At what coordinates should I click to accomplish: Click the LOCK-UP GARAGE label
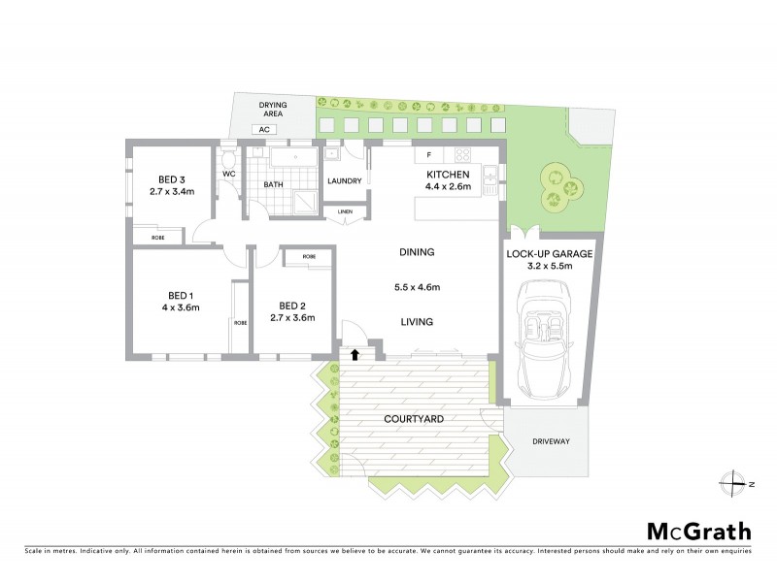(549, 254)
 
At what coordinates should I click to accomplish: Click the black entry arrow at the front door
(355, 356)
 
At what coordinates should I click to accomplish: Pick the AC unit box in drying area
(262, 129)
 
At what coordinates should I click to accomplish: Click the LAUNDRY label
(345, 180)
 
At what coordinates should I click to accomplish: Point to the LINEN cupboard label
(345, 211)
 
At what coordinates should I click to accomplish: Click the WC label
(229, 174)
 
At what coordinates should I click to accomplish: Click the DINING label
(416, 252)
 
